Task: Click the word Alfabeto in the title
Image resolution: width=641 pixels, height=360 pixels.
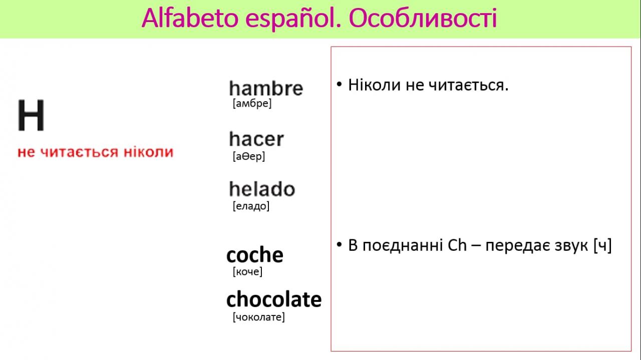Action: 190,19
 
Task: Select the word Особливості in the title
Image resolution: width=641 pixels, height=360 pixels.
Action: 423,19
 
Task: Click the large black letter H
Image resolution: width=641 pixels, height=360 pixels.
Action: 31,115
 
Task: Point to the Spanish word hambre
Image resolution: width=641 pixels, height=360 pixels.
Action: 266,88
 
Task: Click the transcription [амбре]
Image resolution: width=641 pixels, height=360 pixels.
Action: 252,103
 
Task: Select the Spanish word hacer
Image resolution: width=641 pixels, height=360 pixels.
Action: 256,139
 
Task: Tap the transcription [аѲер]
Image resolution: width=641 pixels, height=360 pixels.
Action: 249,156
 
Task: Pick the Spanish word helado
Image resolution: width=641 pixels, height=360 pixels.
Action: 262,189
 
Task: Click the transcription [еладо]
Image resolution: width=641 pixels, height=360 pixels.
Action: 251,206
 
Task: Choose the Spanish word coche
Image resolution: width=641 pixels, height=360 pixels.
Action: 255,255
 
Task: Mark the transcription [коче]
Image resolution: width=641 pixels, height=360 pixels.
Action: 247,271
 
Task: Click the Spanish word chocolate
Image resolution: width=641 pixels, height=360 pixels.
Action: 274,299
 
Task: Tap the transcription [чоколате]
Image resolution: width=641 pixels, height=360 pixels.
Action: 259,317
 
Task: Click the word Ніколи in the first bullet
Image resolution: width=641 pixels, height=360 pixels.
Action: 374,85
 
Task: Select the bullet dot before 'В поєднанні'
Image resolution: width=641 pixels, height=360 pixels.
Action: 340,245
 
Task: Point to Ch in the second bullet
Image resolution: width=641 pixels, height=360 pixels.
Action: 457,245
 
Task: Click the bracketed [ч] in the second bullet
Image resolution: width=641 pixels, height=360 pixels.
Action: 602,246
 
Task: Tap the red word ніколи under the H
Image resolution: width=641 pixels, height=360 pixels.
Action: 149,152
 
